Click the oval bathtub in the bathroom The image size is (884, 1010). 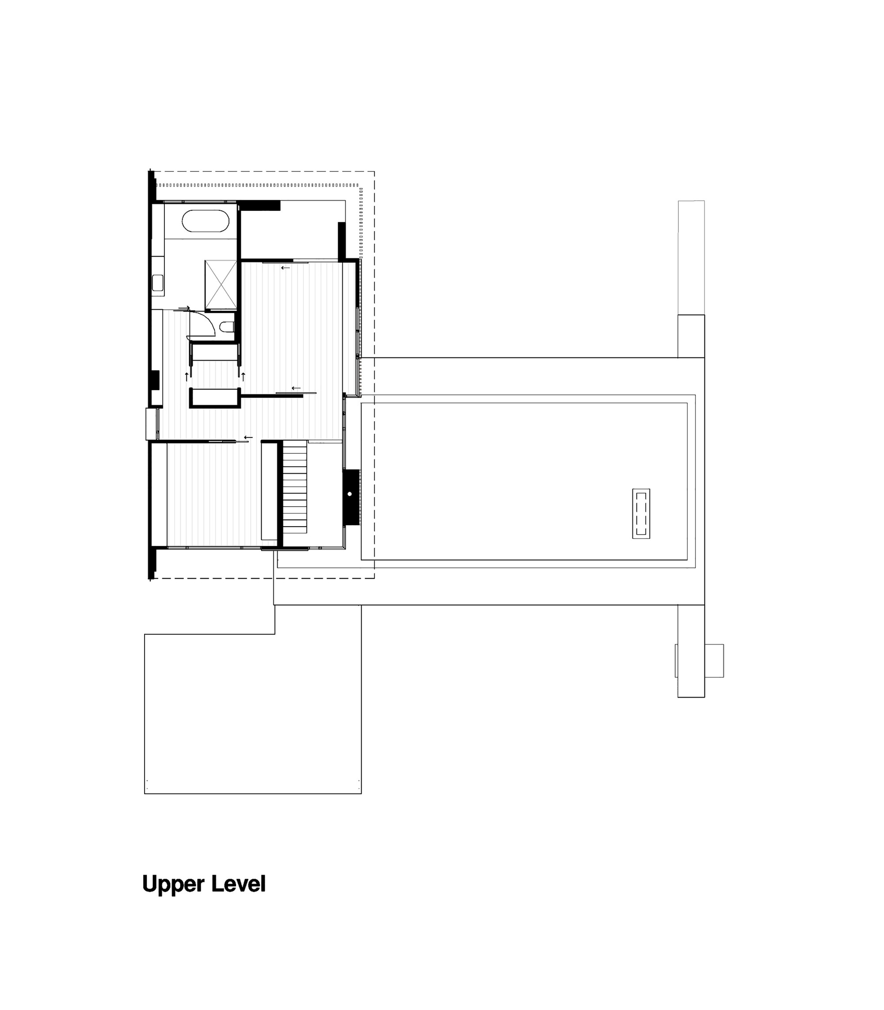coord(205,221)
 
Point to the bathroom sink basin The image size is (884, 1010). coord(158,283)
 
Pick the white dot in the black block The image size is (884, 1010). coord(350,494)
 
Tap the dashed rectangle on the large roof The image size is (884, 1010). coord(641,513)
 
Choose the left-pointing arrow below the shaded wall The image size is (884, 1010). coord(286,268)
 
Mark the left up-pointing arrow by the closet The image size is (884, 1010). coord(187,377)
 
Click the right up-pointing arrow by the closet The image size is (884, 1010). coord(243,377)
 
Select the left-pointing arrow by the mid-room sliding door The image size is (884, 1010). coord(296,388)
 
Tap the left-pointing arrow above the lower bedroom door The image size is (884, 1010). coord(248,437)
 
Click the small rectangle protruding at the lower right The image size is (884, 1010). coord(714,661)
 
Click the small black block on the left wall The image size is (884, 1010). coord(154,380)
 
